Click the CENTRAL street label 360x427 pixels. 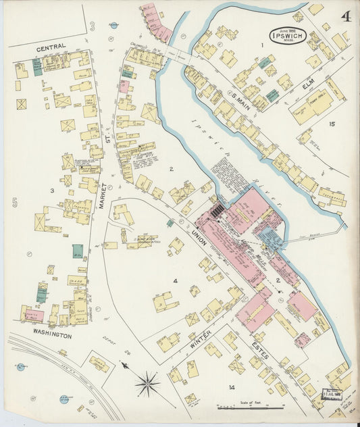coord(51,47)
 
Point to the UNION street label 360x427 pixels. coord(198,236)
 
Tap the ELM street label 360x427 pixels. coord(308,86)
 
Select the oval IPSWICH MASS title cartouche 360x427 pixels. coord(287,36)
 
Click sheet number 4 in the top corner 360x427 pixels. coord(346,16)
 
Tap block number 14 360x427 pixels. coord(231,387)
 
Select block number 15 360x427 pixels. coord(332,124)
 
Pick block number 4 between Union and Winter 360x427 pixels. coord(174,280)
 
